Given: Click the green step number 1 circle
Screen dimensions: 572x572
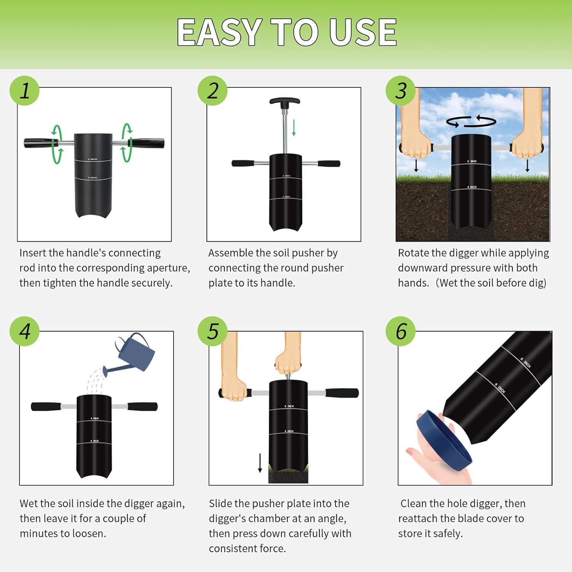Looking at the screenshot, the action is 24,91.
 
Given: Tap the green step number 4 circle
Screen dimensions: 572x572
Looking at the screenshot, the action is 24,331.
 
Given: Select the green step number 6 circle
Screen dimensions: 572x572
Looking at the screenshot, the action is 400,331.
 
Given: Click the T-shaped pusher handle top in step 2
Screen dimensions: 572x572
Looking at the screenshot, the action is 285,101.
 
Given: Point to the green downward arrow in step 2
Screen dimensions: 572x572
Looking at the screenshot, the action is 294,128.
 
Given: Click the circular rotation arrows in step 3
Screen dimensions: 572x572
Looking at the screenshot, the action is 471,121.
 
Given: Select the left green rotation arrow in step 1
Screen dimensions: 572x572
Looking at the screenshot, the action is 57,144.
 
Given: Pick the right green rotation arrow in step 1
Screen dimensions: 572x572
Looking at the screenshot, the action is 127,143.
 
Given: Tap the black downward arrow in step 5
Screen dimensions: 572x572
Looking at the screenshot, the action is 260,463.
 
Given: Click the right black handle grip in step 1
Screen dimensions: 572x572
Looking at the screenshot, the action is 149,143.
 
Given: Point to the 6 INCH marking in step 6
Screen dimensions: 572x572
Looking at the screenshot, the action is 525,363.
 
